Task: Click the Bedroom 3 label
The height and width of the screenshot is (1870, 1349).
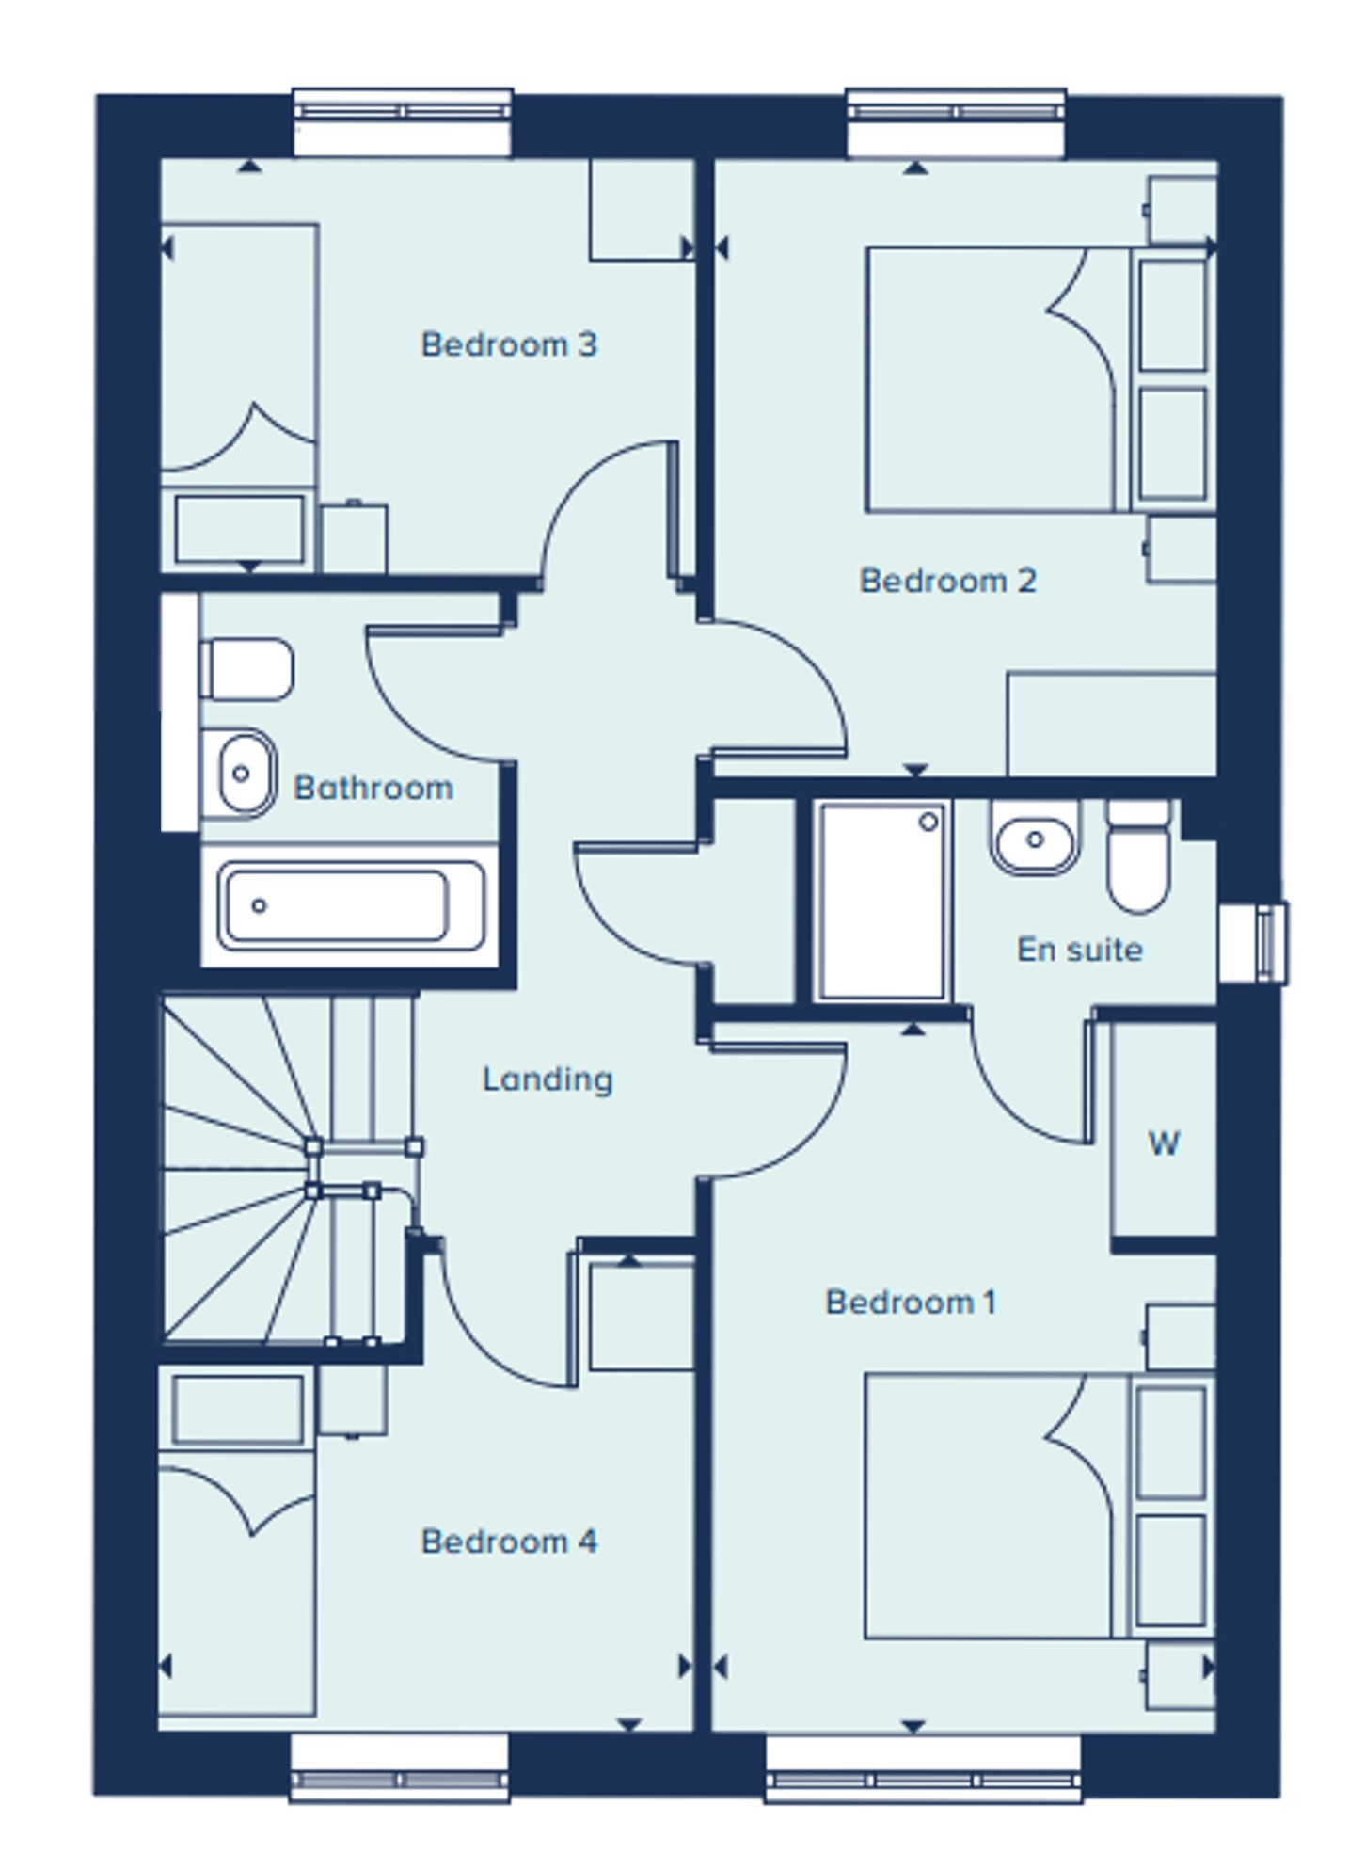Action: coord(508,344)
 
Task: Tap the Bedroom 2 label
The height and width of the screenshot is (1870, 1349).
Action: coord(947,581)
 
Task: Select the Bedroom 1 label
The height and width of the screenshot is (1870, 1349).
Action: coord(910,1303)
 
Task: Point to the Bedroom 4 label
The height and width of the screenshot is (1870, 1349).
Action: coord(508,1542)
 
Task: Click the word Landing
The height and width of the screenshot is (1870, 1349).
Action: coord(547,1079)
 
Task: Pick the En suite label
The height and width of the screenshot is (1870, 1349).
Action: coord(1080,950)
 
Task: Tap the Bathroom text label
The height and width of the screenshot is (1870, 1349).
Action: coord(373,788)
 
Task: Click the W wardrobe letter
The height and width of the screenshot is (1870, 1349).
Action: coord(1164,1143)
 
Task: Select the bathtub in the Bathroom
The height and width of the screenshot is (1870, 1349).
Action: coord(350,905)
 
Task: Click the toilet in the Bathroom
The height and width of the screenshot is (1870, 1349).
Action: coord(246,670)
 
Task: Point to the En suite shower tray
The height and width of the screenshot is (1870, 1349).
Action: coord(881,901)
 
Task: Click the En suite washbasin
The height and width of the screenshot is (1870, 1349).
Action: coord(1035,838)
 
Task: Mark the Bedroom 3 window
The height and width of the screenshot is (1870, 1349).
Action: coord(403,122)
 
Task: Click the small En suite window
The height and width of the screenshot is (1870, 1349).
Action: coord(1253,943)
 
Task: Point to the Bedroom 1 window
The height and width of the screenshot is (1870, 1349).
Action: coord(923,1768)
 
